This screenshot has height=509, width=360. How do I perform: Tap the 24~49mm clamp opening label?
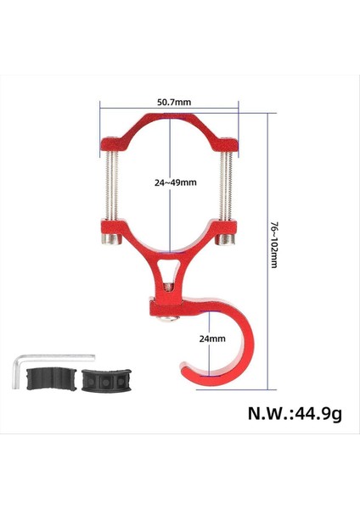click(175, 182)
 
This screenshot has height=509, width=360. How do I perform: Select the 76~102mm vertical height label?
click(274, 247)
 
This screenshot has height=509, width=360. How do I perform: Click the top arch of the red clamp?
click(170, 119)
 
